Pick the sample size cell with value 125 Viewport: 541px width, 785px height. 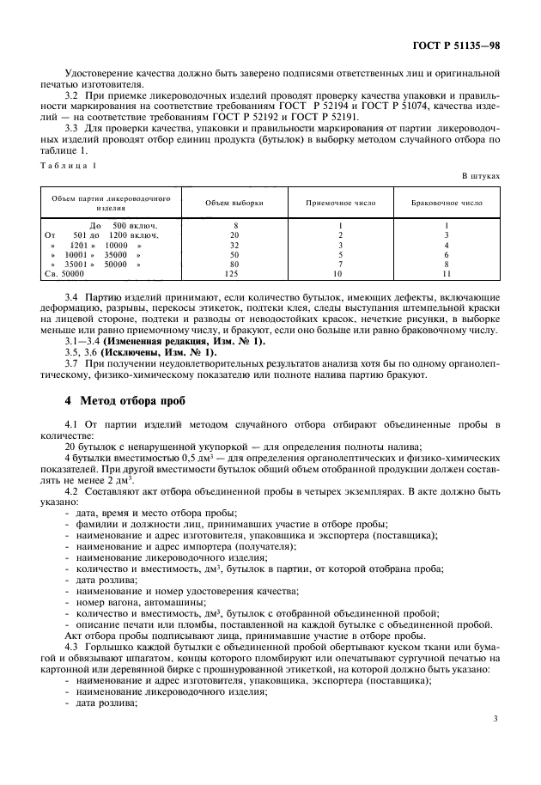(x=234, y=274)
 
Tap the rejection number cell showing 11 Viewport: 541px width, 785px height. (x=447, y=274)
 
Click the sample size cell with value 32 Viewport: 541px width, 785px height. (x=234, y=244)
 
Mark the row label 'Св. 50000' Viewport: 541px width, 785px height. (x=64, y=274)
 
